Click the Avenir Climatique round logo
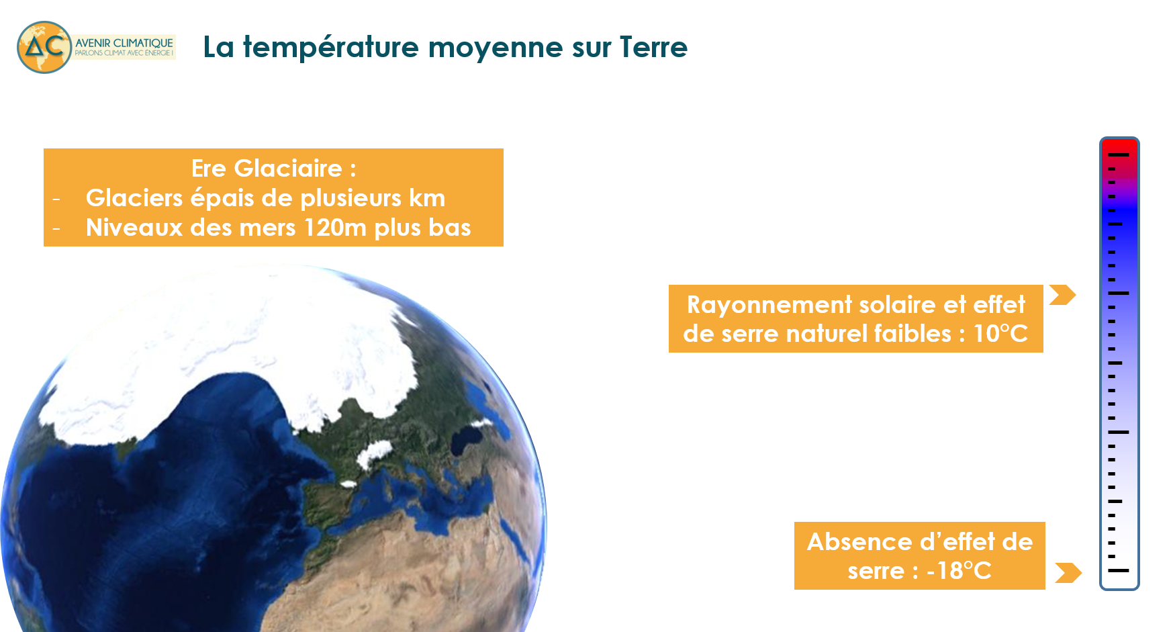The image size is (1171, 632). pyautogui.click(x=44, y=47)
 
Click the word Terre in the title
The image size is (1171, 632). pyautogui.click(x=653, y=47)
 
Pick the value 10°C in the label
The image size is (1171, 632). pyautogui.click(x=1000, y=334)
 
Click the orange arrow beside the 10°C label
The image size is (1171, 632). pyautogui.click(x=1062, y=295)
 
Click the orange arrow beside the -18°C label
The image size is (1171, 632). pyautogui.click(x=1068, y=573)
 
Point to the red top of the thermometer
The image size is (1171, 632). pyautogui.click(x=1119, y=149)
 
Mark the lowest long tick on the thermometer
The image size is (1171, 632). pyautogui.click(x=1119, y=570)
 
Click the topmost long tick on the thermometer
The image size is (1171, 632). pyautogui.click(x=1119, y=154)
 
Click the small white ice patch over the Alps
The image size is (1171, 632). pyautogui.click(x=373, y=454)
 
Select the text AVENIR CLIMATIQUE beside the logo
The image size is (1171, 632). pyautogui.click(x=124, y=43)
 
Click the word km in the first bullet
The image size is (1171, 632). pyautogui.click(x=427, y=198)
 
